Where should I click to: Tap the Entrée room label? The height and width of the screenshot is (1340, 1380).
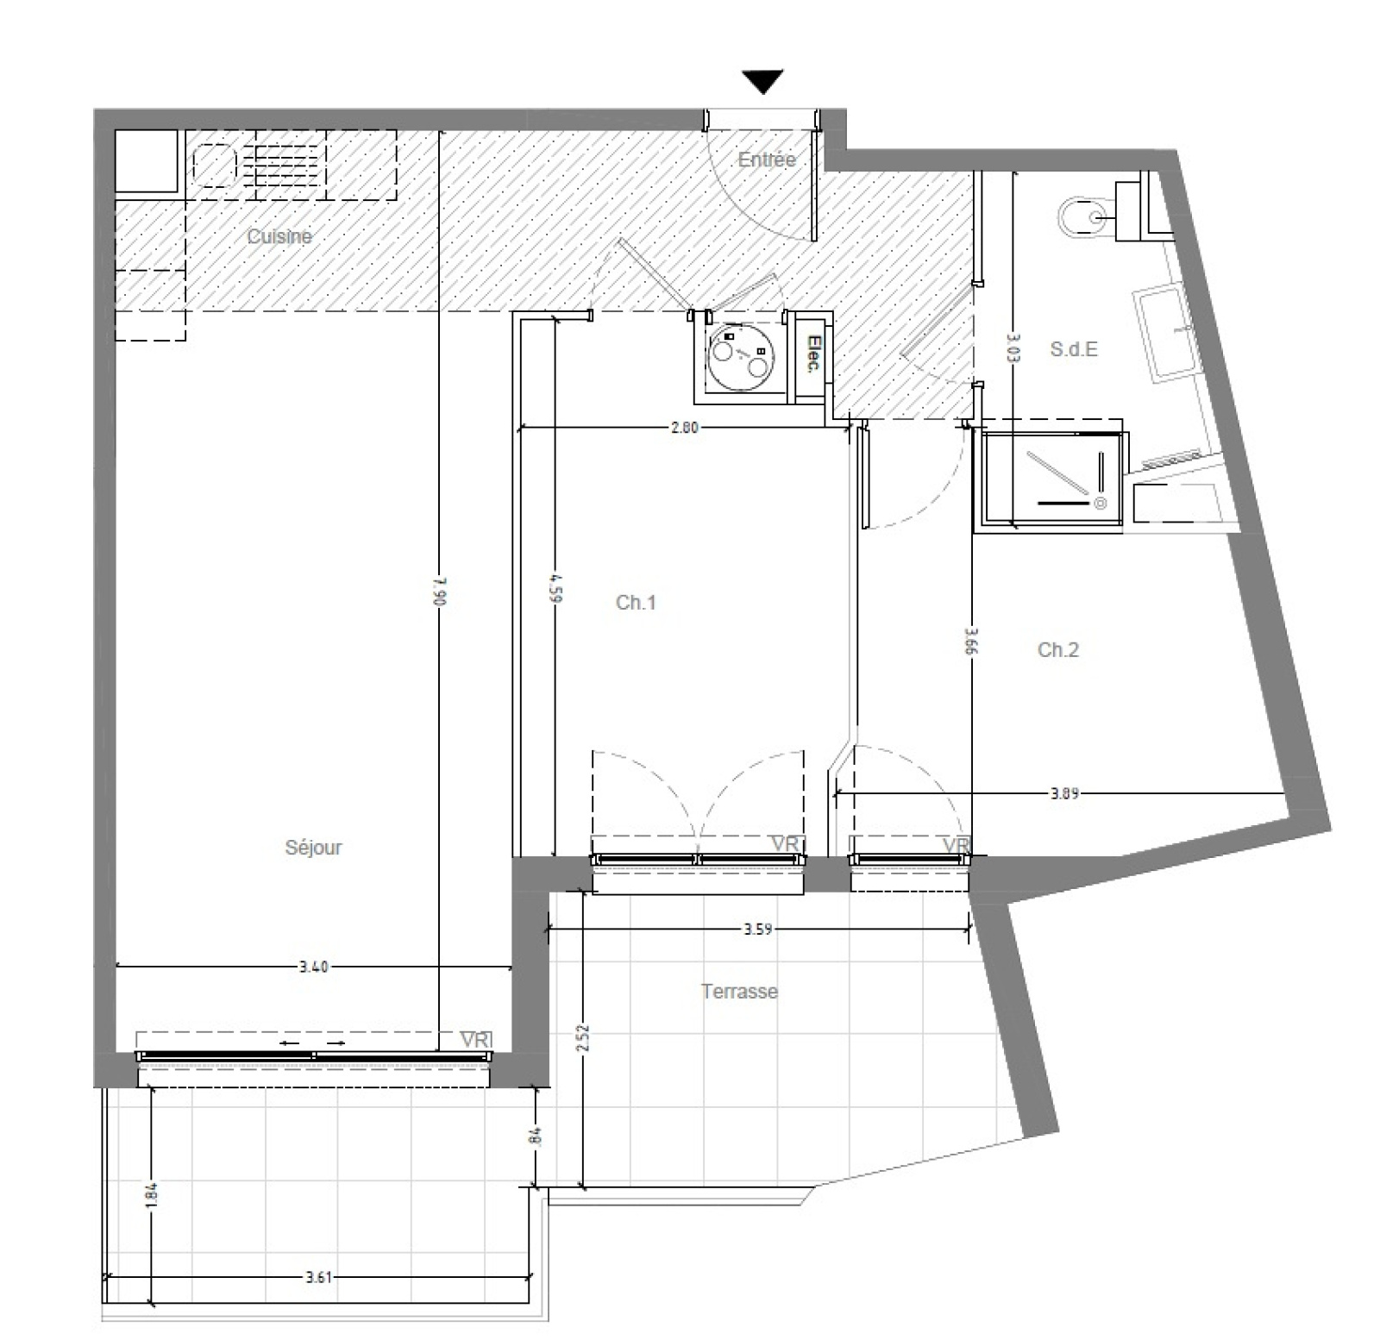767,160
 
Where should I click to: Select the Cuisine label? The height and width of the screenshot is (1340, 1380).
279,236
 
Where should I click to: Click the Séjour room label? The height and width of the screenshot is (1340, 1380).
313,848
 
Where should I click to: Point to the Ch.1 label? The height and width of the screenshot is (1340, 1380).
636,603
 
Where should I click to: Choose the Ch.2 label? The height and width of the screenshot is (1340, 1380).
1057,650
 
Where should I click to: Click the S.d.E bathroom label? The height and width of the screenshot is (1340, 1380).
1074,349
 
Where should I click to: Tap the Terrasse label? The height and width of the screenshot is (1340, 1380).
739,992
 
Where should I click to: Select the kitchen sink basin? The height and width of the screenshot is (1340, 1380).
215,165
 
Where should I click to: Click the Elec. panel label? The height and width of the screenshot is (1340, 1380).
812,354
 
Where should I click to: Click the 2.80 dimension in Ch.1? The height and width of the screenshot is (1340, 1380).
684,427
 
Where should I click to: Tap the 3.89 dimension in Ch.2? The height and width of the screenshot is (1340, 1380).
1064,793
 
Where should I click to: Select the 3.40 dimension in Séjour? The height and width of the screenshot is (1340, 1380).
313,967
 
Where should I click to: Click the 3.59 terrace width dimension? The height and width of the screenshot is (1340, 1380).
757,930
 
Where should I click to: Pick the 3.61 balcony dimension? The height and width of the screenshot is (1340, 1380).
318,1277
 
